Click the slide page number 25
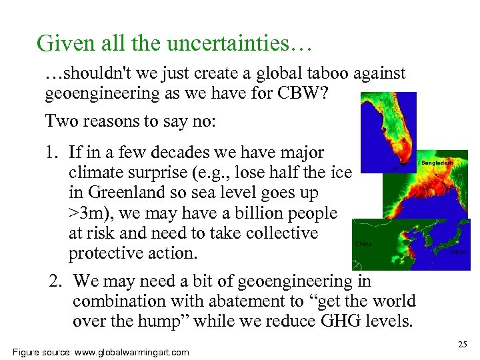[x=463, y=344]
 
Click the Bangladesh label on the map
[x=437, y=162]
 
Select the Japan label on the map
[x=458, y=252]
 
